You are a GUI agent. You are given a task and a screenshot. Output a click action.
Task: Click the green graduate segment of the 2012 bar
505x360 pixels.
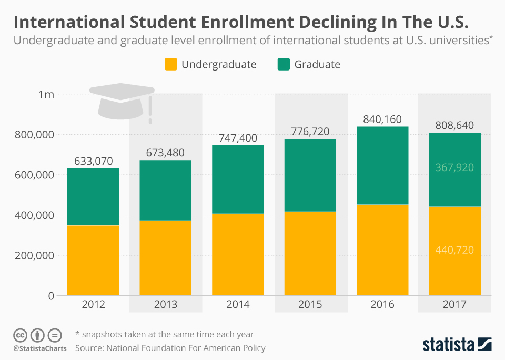(x=93, y=197)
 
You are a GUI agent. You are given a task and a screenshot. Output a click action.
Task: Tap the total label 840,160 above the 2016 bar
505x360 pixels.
(x=382, y=119)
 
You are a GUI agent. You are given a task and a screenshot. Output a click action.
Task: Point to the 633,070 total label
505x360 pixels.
(x=93, y=161)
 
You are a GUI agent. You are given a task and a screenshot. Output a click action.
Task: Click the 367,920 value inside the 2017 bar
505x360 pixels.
(x=454, y=167)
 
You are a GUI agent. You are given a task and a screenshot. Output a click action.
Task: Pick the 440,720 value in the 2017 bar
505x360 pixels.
(x=454, y=249)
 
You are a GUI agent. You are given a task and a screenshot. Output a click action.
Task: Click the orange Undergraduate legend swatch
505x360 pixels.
(x=170, y=65)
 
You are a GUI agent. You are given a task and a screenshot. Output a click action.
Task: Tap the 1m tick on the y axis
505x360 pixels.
(x=46, y=95)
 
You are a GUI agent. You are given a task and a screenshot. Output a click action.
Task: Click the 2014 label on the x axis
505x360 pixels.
(x=238, y=305)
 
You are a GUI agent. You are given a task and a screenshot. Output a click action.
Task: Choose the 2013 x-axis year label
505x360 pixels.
(x=165, y=305)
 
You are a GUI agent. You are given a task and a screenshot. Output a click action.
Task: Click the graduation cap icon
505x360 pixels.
(x=121, y=100)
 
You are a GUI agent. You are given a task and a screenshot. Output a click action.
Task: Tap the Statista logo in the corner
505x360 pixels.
(x=457, y=345)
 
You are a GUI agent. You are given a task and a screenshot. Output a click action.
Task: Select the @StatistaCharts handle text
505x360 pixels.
(x=39, y=348)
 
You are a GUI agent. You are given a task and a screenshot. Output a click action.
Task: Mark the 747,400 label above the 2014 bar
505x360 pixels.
(x=238, y=138)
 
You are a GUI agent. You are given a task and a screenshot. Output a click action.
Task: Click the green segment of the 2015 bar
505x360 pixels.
(x=310, y=175)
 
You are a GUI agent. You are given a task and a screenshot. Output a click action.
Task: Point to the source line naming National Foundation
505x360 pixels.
(x=170, y=348)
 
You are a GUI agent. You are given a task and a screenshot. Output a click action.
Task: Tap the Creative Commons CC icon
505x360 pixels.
(x=20, y=335)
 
